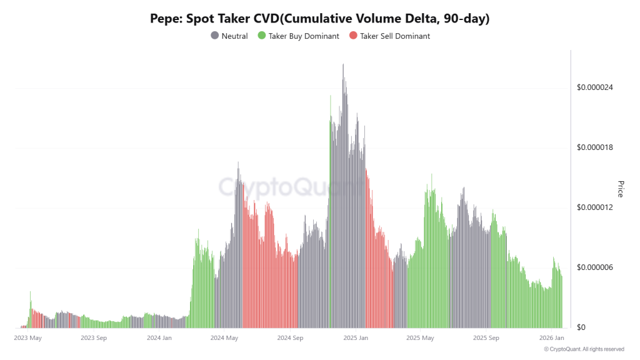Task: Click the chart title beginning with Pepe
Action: click(x=319, y=19)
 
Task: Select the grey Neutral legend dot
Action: click(x=215, y=36)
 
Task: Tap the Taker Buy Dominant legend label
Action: click(x=304, y=36)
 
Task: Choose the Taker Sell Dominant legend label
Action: click(x=395, y=36)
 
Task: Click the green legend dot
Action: click(x=262, y=36)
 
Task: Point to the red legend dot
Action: click(x=353, y=36)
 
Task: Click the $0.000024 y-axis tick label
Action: click(x=595, y=87)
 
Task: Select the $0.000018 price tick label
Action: click(x=595, y=147)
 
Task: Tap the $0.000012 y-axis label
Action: click(x=595, y=207)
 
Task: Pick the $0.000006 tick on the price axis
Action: click(x=595, y=267)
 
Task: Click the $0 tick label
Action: click(x=581, y=327)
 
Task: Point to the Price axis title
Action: click(x=621, y=189)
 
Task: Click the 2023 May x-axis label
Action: click(x=28, y=338)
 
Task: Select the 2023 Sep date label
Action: click(x=94, y=338)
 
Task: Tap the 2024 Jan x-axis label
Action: click(x=159, y=338)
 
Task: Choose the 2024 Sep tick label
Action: click(x=290, y=338)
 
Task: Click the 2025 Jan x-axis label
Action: click(x=356, y=338)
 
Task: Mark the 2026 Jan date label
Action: click(x=552, y=338)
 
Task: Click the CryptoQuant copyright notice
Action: click(x=584, y=349)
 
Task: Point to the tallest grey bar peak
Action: click(x=343, y=65)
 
